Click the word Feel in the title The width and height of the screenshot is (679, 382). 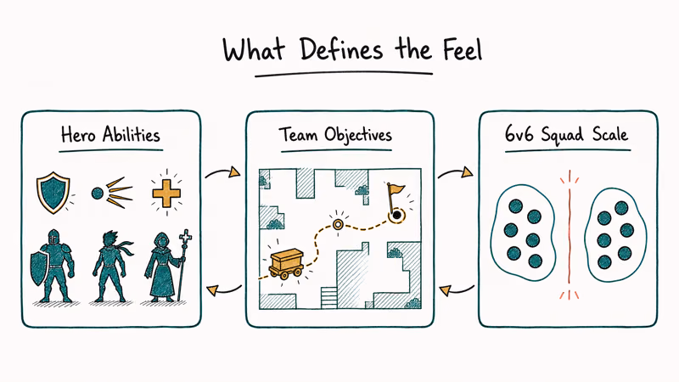pyautogui.click(x=462, y=49)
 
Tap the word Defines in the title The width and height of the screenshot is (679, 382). pyautogui.click(x=341, y=49)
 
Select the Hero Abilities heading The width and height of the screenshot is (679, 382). pyautogui.click(x=110, y=135)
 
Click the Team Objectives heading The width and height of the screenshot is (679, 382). pyautogui.click(x=335, y=135)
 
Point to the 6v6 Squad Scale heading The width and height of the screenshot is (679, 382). pyautogui.click(x=566, y=135)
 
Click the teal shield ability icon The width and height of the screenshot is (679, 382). pyautogui.click(x=53, y=193)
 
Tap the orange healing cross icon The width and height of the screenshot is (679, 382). pyautogui.click(x=166, y=194)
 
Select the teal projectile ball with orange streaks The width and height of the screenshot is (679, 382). pyautogui.click(x=111, y=193)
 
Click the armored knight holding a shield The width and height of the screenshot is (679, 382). pyautogui.click(x=52, y=266)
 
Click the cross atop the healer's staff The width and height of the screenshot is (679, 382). pyautogui.click(x=186, y=237)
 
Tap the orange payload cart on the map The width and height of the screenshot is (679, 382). pyautogui.click(x=286, y=263)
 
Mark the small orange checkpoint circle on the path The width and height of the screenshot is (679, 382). pyautogui.click(x=338, y=224)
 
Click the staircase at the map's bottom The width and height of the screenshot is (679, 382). pyautogui.click(x=328, y=297)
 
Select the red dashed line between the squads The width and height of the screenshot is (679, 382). pyautogui.click(x=570, y=234)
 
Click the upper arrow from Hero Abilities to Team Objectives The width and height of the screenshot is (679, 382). pyautogui.click(x=222, y=171)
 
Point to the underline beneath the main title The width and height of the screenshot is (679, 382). pyautogui.click(x=344, y=75)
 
